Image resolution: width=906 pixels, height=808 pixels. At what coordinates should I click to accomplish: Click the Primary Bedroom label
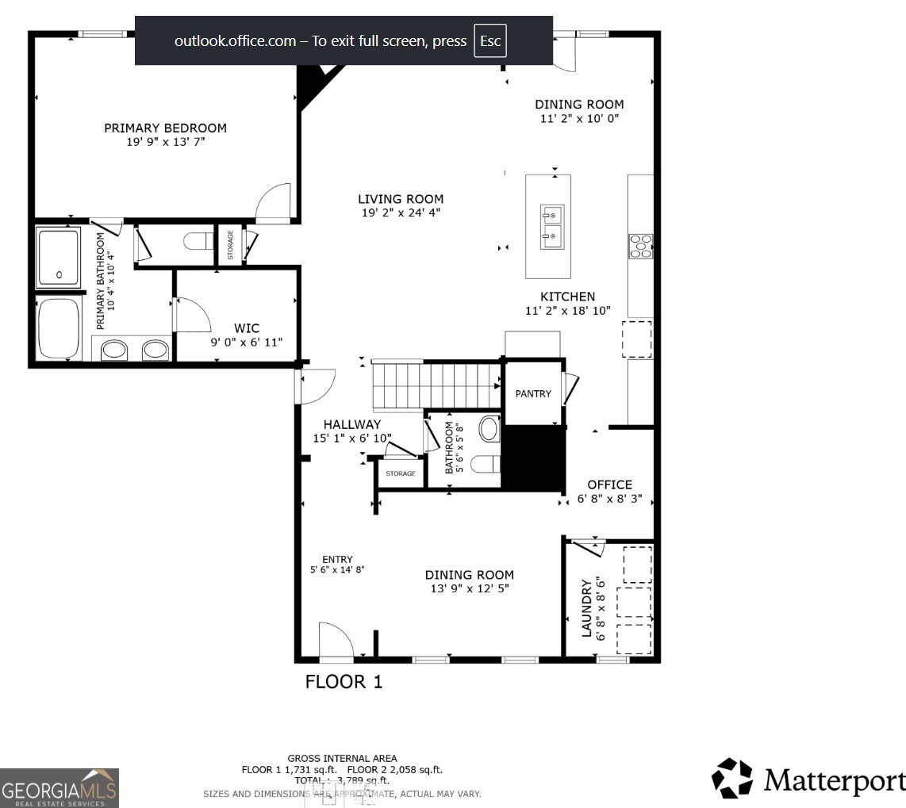point(165,128)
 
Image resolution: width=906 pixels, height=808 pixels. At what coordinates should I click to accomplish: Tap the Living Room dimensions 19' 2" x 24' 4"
point(400,213)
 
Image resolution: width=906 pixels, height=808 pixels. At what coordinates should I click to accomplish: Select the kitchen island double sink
point(552,224)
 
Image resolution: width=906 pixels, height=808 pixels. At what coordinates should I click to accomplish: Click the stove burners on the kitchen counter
point(640,246)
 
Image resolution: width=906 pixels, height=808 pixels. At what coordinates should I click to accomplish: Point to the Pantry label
point(533,393)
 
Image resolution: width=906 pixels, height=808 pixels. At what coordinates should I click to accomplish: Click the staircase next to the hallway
point(436,385)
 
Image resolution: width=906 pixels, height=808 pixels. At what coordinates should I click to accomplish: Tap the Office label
point(609,484)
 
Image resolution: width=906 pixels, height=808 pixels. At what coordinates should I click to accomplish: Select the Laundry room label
point(587,609)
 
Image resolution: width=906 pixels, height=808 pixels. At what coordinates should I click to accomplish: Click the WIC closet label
point(246,328)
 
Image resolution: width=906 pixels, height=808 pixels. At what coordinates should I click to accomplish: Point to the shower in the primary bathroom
point(59,258)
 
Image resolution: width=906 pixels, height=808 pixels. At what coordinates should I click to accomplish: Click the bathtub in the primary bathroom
point(59,328)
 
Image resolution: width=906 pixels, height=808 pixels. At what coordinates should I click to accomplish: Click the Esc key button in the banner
point(490,41)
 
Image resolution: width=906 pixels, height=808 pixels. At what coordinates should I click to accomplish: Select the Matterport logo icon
point(731,778)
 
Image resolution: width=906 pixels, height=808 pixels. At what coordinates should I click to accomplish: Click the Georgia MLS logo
point(60,787)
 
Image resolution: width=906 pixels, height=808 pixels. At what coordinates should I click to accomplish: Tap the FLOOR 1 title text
point(344,682)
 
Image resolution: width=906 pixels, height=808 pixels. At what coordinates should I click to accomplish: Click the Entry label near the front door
point(337,559)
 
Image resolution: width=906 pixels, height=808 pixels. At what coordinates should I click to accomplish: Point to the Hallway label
point(352,425)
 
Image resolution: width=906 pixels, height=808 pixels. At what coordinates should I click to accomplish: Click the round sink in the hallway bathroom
point(488,429)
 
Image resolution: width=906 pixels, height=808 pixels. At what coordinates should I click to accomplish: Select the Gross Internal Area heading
point(342,759)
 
